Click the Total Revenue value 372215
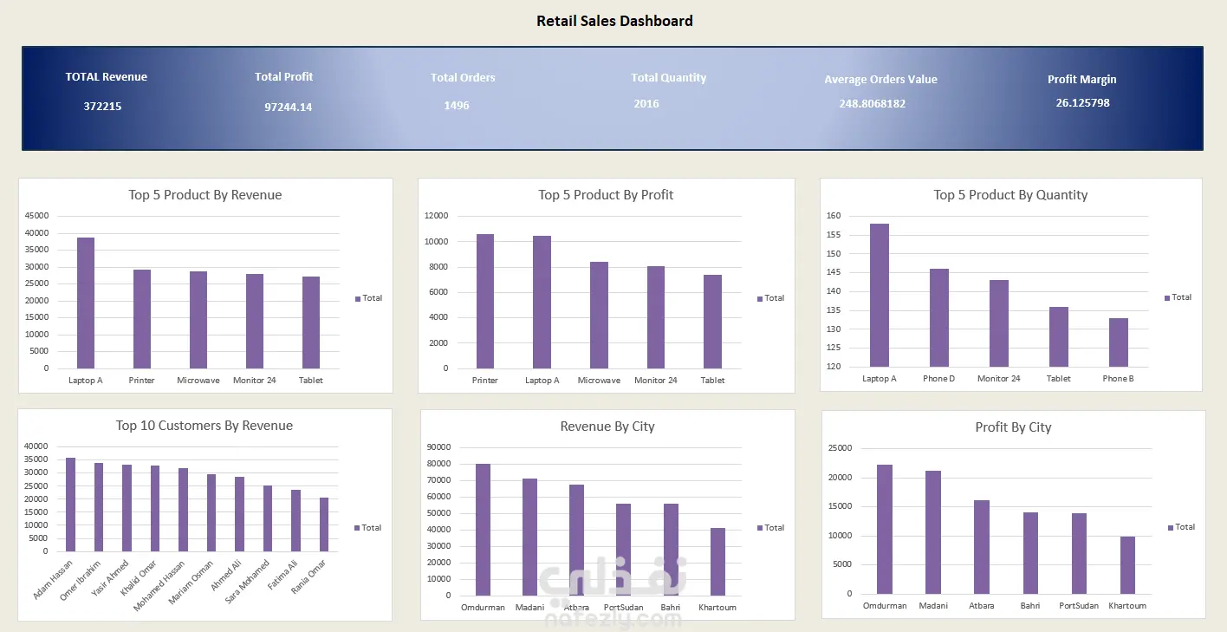coord(102,107)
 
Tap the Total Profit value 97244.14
coord(289,107)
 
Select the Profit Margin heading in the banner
coord(1081,79)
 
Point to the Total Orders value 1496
coord(457,105)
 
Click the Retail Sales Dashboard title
coord(614,21)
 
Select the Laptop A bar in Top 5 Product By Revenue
coord(86,303)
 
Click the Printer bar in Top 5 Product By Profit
coord(484,301)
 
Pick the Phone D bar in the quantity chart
coord(938,318)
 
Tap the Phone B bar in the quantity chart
coord(1119,342)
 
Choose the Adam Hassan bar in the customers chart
coord(71,505)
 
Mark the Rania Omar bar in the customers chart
coord(324,524)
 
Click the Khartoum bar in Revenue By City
coord(717,562)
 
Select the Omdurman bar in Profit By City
coord(884,530)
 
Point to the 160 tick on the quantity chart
coord(833,216)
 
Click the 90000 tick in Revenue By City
coord(438,447)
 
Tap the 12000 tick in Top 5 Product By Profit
coord(436,216)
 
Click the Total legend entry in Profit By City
coord(1182,527)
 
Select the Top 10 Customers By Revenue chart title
coord(204,426)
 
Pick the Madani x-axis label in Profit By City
coord(933,606)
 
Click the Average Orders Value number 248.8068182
coord(872,103)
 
